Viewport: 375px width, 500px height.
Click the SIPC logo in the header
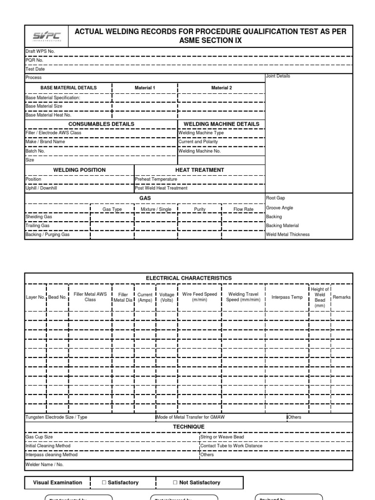pyautogui.click(x=47, y=36)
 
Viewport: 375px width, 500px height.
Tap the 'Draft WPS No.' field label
pyautogui.click(x=40, y=52)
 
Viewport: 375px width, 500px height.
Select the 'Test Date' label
pyautogui.click(x=35, y=69)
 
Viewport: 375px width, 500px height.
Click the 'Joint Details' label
pyautogui.click(x=278, y=76)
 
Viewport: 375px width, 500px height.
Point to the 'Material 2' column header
pyautogui.click(x=221, y=88)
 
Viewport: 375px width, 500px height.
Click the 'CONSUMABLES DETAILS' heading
pyautogui.click(x=101, y=124)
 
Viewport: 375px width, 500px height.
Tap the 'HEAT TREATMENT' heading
pyautogui.click(x=199, y=170)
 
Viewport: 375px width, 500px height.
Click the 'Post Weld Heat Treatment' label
pyautogui.click(x=161, y=188)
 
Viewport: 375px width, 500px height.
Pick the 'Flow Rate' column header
pyautogui.click(x=243, y=209)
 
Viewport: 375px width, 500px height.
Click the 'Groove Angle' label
pyautogui.click(x=279, y=208)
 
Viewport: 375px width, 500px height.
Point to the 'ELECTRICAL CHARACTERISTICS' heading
pyautogui.click(x=188, y=278)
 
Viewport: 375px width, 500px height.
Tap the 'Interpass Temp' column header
pyautogui.click(x=287, y=297)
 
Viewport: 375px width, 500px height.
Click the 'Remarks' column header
pyautogui.click(x=341, y=297)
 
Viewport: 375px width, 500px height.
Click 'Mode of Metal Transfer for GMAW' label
pyautogui.click(x=190, y=417)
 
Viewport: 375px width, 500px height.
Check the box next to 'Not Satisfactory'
pyautogui.click(x=175, y=482)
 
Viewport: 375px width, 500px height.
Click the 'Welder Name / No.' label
pyautogui.click(x=44, y=464)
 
